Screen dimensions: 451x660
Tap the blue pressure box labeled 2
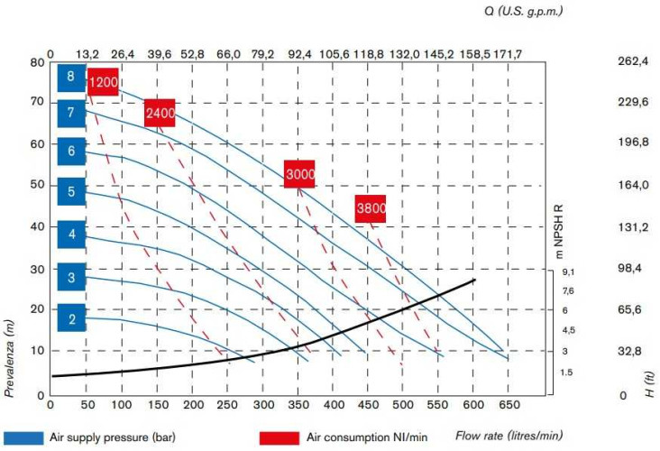[x=71, y=318]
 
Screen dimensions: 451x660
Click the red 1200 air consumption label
[x=104, y=83]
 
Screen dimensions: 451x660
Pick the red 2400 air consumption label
[x=160, y=113]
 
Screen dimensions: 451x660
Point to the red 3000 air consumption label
[x=298, y=173]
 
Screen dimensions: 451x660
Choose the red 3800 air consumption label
[x=371, y=208]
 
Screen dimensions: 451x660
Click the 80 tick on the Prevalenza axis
[x=37, y=62]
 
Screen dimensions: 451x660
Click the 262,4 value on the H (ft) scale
[x=633, y=62]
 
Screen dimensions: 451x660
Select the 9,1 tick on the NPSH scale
[x=568, y=270]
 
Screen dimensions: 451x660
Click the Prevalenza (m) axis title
[x=12, y=352]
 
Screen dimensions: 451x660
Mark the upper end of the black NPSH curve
[x=474, y=281]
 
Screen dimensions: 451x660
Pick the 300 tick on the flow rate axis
[x=264, y=407]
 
